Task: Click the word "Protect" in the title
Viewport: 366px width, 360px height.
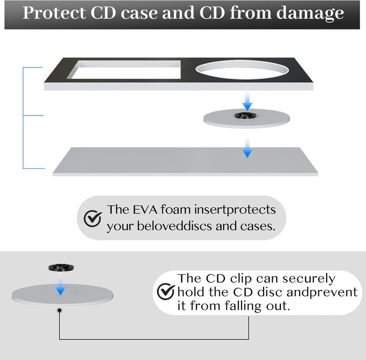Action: coord(54,13)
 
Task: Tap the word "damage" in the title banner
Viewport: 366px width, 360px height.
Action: coord(310,14)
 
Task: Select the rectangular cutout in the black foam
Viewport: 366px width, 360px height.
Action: coord(124,70)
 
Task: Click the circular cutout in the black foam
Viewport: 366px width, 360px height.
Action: coord(242,70)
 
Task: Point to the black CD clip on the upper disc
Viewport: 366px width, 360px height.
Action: coord(243,115)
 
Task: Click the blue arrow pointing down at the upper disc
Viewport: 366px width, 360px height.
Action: coord(247,101)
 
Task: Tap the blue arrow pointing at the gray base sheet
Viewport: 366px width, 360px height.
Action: coord(247,148)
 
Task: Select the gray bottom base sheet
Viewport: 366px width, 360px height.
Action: coord(186,161)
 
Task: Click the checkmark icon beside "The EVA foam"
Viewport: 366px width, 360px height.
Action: coord(93,219)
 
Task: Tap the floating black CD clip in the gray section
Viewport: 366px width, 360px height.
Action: coord(61,268)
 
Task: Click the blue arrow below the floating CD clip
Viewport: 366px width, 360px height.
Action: coord(60,285)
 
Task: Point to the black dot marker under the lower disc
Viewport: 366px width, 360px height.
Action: coord(59,310)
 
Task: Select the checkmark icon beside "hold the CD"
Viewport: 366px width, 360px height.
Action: coord(166,291)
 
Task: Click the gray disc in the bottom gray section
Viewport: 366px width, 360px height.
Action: coord(63,295)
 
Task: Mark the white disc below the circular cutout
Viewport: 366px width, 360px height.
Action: coord(247,119)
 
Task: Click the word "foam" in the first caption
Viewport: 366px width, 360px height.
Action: coord(176,210)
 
